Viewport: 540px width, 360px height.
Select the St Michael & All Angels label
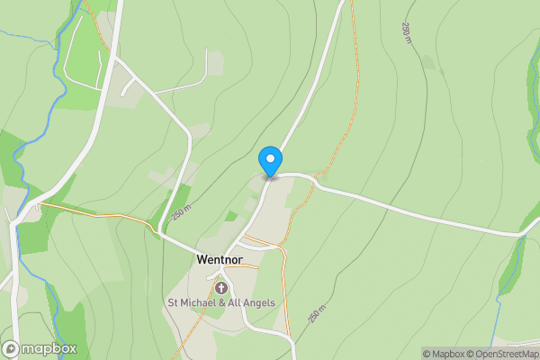coord(221,302)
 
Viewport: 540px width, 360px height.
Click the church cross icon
coord(221,287)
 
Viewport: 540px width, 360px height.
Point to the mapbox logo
coord(40,348)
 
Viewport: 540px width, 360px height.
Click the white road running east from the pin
coord(405,208)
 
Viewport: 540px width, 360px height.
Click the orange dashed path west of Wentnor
coord(99,215)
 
